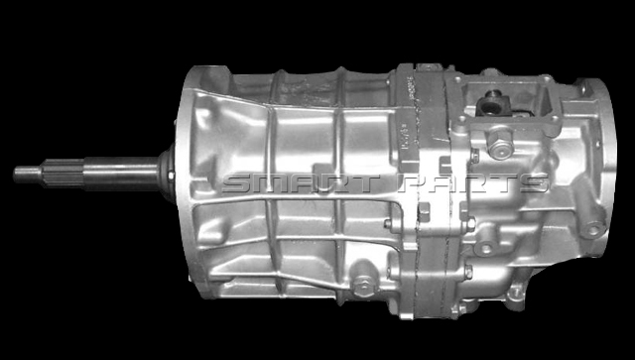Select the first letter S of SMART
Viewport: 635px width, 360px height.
click(x=239, y=183)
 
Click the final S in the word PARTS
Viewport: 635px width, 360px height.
click(x=532, y=183)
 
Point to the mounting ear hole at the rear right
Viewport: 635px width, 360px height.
click(x=592, y=229)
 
